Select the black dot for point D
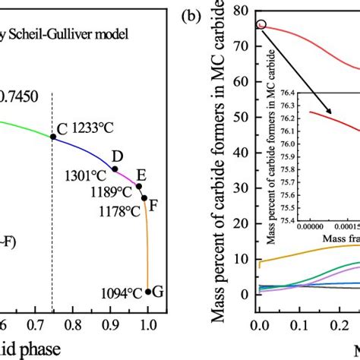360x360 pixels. tap(115, 169)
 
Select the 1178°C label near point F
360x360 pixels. tap(118, 210)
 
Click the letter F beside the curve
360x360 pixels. tap(153, 204)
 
